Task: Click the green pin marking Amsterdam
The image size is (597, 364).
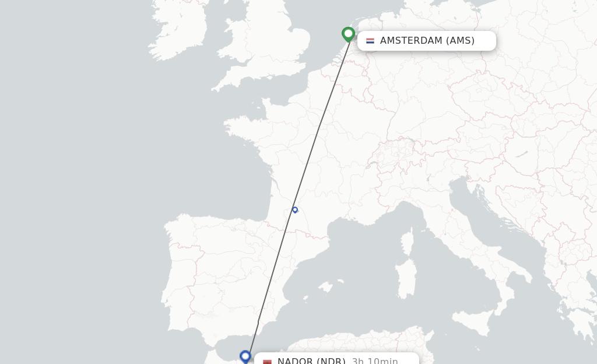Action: point(348,34)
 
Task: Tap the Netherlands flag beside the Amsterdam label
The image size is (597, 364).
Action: point(370,41)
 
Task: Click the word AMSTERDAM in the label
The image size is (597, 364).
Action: point(411,41)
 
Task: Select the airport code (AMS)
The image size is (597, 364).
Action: point(460,41)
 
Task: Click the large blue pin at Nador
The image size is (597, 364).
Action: point(245,356)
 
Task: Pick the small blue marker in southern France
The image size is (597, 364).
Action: point(295,210)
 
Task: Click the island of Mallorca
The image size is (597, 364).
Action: point(325,287)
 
